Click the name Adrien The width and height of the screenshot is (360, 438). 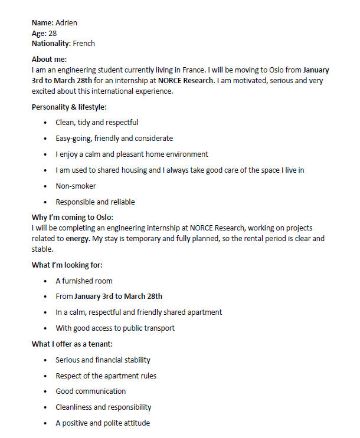(x=66, y=23)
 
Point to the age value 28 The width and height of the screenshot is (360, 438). (x=53, y=33)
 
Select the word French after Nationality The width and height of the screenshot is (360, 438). (x=84, y=43)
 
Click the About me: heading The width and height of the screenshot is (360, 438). (x=49, y=59)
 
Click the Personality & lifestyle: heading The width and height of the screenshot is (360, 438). (x=69, y=107)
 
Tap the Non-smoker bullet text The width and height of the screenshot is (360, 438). (x=76, y=186)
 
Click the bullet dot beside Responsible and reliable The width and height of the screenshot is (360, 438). (x=45, y=202)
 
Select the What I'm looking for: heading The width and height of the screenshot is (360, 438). (x=67, y=265)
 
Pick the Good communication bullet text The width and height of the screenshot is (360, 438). (x=90, y=391)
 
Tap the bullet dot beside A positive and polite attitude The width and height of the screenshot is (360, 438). (x=45, y=423)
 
